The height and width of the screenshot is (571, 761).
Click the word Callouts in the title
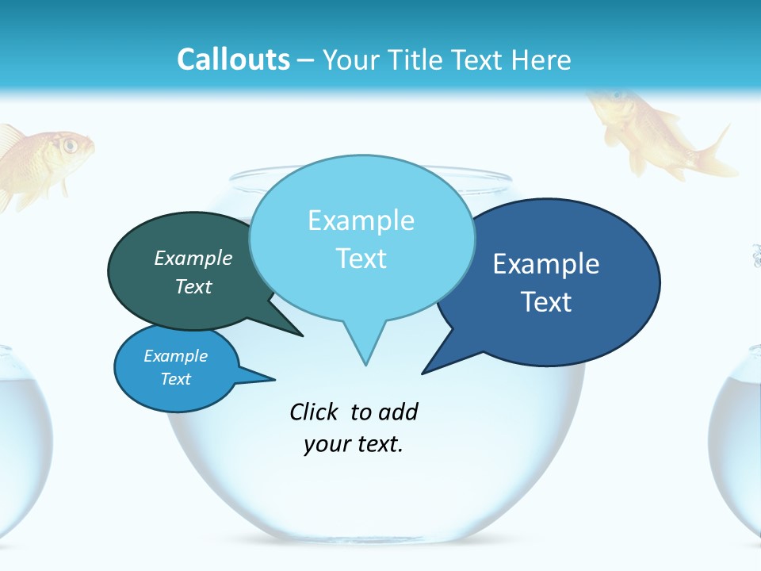click(x=233, y=59)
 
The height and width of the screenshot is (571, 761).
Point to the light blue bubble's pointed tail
click(x=365, y=349)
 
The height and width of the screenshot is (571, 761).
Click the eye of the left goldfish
click(x=70, y=145)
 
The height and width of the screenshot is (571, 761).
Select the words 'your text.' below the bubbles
click(x=354, y=444)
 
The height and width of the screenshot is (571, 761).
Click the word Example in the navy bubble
click(x=546, y=264)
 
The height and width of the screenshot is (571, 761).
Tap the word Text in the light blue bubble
click(x=361, y=259)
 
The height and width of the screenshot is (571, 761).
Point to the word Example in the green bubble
click(x=193, y=258)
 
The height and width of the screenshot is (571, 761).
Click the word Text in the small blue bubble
click(x=176, y=379)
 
